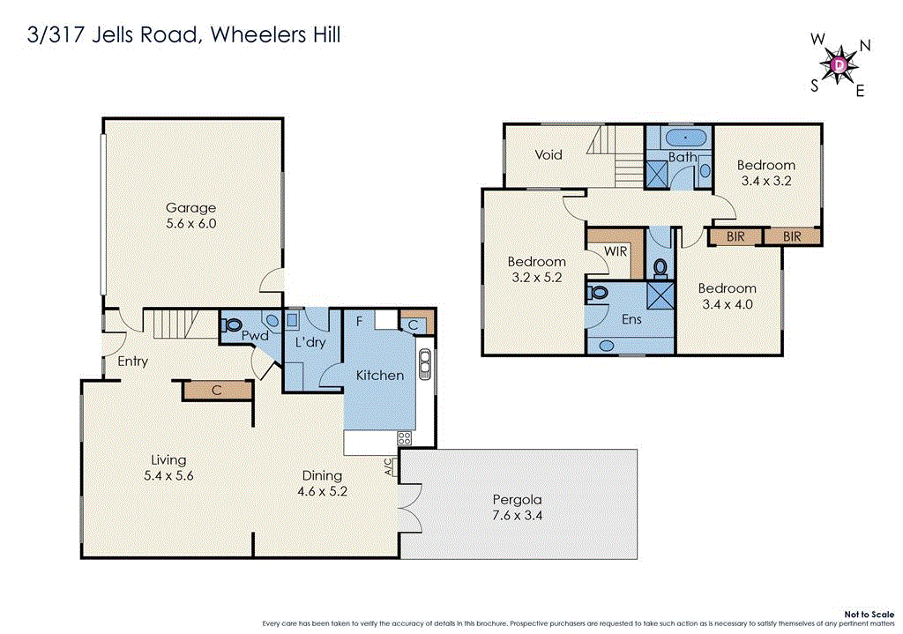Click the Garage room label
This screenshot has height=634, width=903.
tap(190, 208)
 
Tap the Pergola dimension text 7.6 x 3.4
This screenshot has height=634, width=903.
tap(517, 516)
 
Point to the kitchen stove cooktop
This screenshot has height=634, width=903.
tap(406, 438)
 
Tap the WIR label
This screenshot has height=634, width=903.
tap(615, 251)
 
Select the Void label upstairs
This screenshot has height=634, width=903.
tap(549, 154)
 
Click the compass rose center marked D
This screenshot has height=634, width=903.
tap(840, 64)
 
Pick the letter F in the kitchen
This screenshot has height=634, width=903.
tap(359, 321)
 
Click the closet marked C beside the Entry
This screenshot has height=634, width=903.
tap(217, 389)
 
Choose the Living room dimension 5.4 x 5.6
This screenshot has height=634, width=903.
tap(168, 475)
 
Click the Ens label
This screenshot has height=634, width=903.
tap(631, 319)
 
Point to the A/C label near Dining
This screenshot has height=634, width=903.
tap(389, 466)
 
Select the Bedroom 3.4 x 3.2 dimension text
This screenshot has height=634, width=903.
tap(765, 181)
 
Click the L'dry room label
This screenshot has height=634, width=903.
tap(310, 342)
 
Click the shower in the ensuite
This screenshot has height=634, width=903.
tap(658, 293)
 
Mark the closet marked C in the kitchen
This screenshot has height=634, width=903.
tap(413, 324)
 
